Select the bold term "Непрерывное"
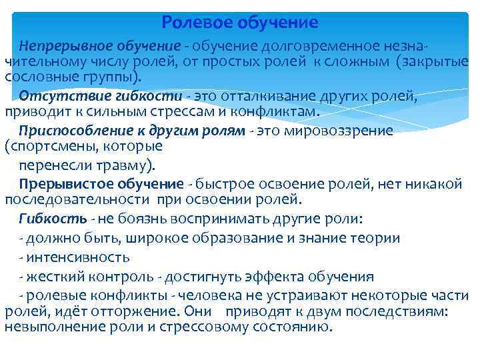click(56, 47)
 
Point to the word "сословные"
click(35, 77)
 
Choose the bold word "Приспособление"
click(65, 130)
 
